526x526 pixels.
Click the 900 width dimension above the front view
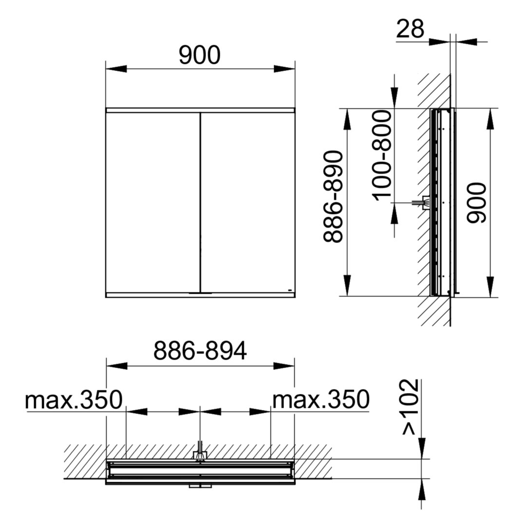tap(200, 55)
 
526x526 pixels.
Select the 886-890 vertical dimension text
tap(333, 197)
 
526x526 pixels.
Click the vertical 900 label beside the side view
tap(476, 203)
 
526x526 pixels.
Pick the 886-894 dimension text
tap(200, 351)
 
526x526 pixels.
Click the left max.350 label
tap(74, 400)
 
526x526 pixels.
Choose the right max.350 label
tap(320, 400)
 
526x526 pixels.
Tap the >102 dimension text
tap(410, 407)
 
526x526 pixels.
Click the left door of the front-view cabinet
tap(152, 203)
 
